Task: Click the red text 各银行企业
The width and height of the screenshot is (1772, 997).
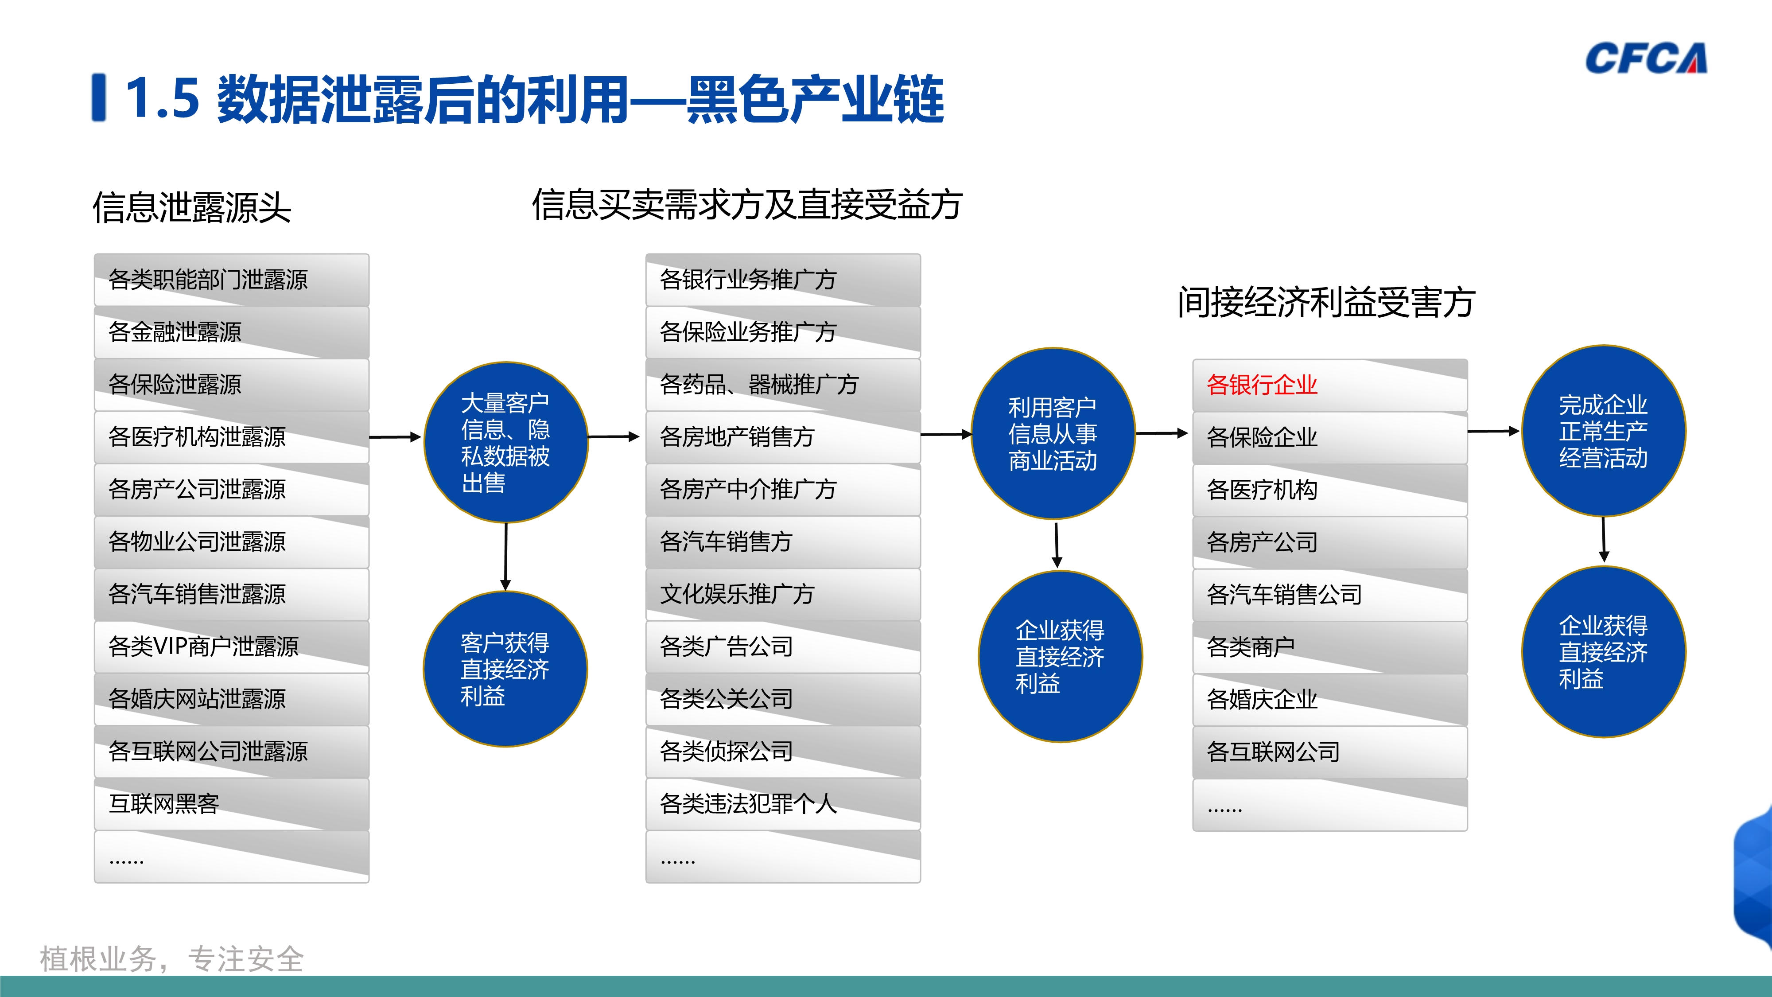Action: point(1262,385)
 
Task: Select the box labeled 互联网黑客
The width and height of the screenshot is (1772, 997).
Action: point(231,804)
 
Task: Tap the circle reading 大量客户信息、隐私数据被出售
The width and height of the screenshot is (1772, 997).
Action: point(505,442)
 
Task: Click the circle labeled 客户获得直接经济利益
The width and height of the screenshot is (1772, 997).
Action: point(505,669)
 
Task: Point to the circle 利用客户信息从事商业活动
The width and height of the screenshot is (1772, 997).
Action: point(1053,433)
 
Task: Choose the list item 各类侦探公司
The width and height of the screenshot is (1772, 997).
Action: point(782,752)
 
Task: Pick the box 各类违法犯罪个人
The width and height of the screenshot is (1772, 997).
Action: point(782,804)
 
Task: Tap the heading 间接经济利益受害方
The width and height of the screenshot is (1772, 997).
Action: point(1326,302)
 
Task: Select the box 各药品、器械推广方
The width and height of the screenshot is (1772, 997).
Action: point(782,385)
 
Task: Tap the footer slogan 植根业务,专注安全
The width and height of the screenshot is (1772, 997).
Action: point(172,958)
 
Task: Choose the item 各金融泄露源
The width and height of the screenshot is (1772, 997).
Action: point(231,332)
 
